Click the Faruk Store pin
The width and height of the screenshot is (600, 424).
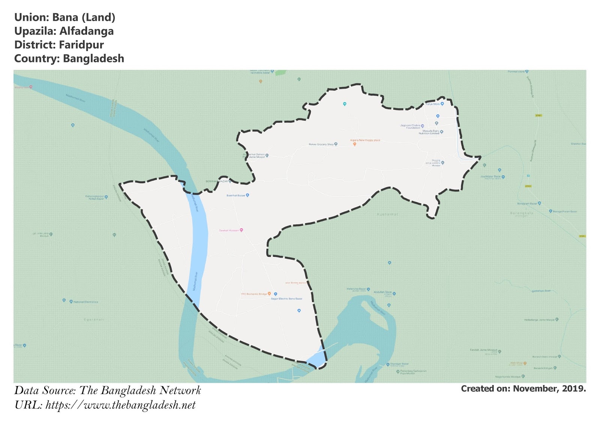point(442,104)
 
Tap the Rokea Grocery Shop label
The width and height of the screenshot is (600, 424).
point(321,144)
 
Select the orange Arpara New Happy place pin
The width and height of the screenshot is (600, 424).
point(354,144)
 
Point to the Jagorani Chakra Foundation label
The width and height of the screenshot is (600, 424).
point(410,127)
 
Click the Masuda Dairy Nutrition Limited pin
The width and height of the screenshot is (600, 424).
point(442,132)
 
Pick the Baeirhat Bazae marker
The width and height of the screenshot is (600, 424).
point(247,195)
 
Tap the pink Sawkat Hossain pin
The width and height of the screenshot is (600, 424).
point(241,230)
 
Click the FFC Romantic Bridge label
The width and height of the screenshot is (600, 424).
point(254,294)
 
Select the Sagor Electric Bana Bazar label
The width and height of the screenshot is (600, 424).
point(286,299)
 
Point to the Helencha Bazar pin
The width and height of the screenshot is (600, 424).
point(368,289)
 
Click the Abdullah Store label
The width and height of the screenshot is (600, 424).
point(382,292)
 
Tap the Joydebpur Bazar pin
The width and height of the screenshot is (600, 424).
point(503,177)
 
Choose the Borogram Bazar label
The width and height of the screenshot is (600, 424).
point(527,204)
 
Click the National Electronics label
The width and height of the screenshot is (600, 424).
point(85,302)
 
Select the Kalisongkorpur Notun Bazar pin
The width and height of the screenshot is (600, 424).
point(106,197)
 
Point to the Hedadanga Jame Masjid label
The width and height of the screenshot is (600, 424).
point(539,320)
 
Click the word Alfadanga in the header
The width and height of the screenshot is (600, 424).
point(87,31)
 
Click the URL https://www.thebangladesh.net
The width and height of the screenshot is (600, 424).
point(120,405)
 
